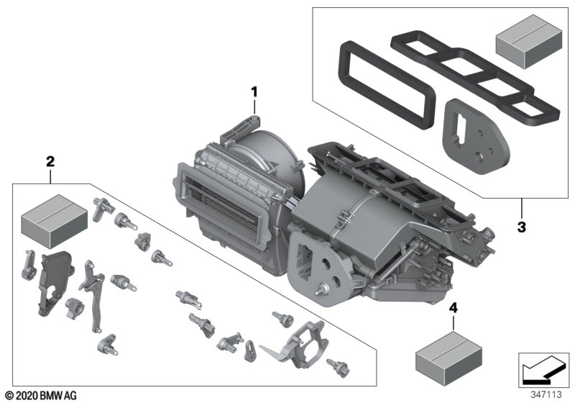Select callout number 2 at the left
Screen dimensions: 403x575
tap(50, 160)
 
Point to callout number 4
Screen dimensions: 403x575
tap(453, 308)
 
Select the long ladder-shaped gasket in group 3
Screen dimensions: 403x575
tap(474, 79)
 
